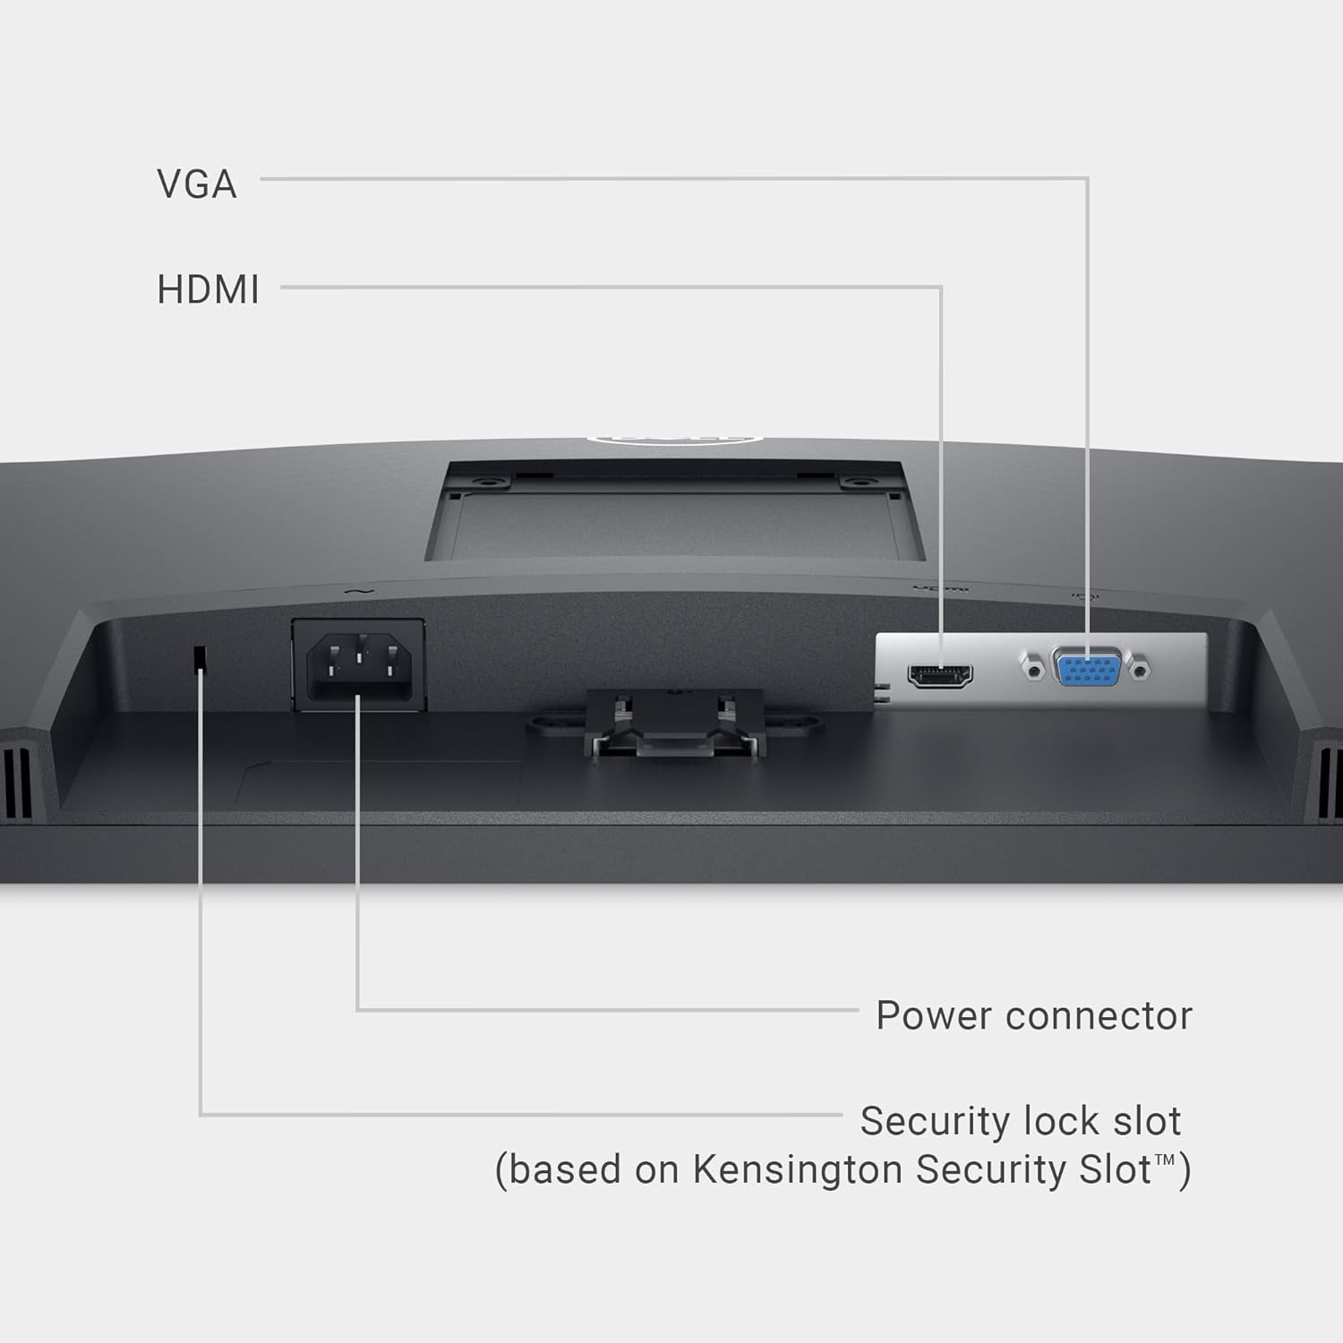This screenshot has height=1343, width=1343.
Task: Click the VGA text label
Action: point(197,184)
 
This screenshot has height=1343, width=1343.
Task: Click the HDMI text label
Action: point(208,289)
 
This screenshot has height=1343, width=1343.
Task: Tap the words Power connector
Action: point(1034,1015)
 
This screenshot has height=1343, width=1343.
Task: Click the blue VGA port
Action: point(1087,667)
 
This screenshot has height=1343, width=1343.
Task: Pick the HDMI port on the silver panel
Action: point(940,675)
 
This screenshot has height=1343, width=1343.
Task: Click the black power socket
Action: point(359,665)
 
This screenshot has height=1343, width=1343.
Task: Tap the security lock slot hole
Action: point(201,658)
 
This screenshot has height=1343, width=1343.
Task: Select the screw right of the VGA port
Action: point(1140,668)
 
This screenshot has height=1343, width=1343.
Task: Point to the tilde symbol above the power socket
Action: point(356,590)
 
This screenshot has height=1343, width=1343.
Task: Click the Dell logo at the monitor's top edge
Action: point(673,439)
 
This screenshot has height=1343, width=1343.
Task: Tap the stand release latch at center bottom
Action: point(673,725)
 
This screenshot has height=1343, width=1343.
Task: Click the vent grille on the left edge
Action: point(16,783)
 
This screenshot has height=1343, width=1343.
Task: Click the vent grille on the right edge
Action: point(1329,783)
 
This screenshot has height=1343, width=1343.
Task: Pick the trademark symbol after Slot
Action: point(1164,1160)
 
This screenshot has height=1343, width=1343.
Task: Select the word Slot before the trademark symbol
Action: point(1115,1169)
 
